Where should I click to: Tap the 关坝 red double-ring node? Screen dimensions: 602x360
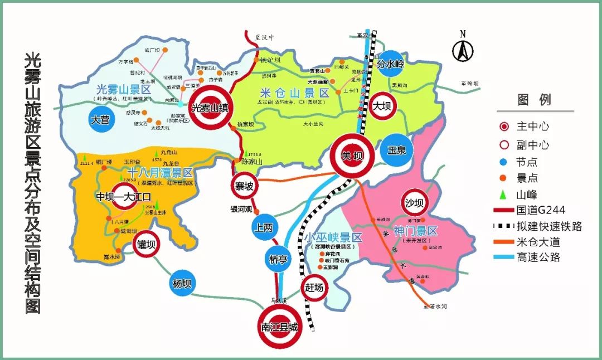click(352, 157)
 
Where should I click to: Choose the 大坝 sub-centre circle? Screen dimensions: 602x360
click(382, 106)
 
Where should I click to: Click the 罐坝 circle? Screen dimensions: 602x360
click(147, 244)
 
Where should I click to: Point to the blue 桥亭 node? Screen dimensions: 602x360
click(277, 258)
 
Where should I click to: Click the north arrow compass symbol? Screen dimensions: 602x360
click(462, 47)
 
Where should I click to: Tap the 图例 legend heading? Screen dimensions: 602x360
click(535, 100)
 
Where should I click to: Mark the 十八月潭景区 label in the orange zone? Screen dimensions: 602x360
click(159, 172)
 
